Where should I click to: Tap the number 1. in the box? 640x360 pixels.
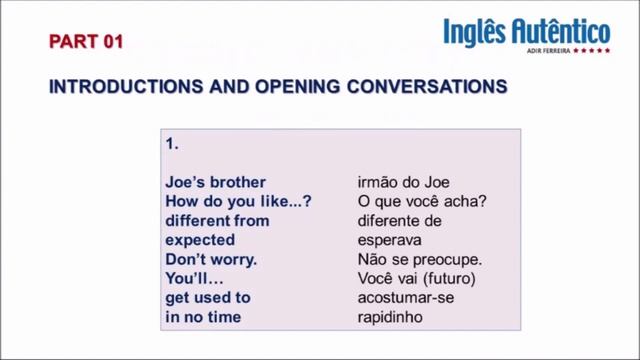[172, 144]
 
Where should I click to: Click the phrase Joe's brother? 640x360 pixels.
[216, 182]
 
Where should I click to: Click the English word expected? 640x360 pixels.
[200, 240]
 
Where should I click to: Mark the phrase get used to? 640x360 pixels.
[208, 297]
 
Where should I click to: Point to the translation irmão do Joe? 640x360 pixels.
[404, 182]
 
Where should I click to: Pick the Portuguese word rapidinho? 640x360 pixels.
[397, 317]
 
